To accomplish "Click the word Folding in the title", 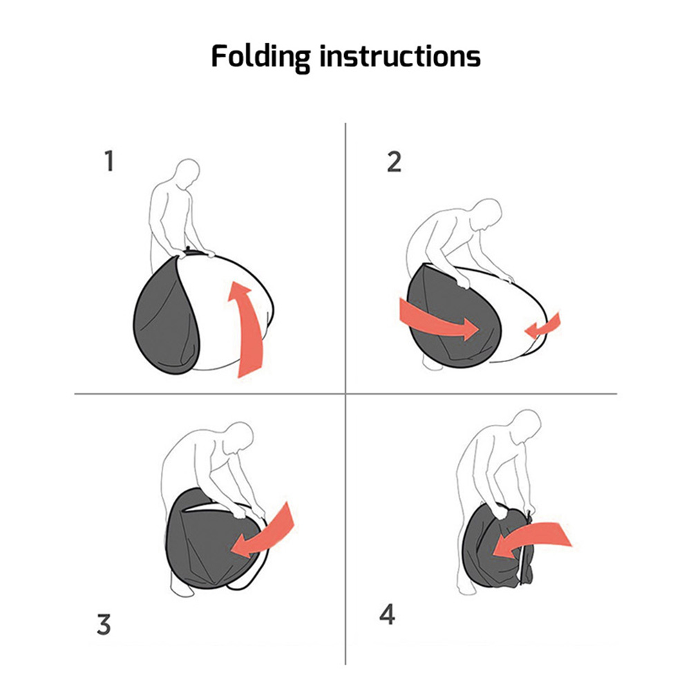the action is [x=261, y=58].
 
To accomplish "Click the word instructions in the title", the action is [x=399, y=57].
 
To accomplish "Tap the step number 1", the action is [x=109, y=161].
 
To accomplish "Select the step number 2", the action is [x=394, y=162].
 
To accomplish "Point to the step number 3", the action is [x=104, y=625].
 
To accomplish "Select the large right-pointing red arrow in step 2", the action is [x=439, y=319].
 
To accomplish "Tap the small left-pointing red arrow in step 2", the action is [x=543, y=326].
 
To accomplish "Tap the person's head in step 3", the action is [x=239, y=437].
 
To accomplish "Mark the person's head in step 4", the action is [x=526, y=426].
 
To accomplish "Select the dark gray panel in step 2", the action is [x=454, y=317].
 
